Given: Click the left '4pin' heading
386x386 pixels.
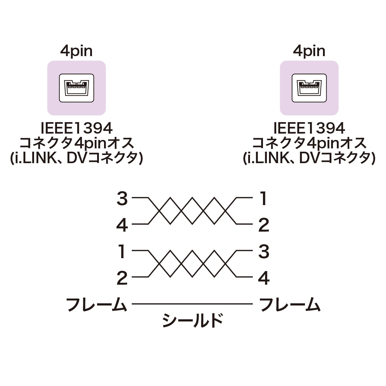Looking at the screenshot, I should pos(76,52).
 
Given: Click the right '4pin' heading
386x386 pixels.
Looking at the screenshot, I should pos(309,52).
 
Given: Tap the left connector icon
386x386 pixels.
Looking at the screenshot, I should pos(76,88).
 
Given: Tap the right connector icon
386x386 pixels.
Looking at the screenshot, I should pos(309,88).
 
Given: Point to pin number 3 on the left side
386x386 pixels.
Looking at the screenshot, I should pos(122,199).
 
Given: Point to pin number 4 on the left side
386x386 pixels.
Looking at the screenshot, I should pos(122,225).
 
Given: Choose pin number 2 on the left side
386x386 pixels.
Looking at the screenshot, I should pos(122,278).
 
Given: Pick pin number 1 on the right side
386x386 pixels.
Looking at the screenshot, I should pos(264,199).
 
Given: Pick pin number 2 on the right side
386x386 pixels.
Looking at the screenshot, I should pos(264,225).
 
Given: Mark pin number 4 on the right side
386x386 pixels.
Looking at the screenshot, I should pos(264,278).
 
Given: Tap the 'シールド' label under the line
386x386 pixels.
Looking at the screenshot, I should pos(192,321).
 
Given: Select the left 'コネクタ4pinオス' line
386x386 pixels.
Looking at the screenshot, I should pos(76,144).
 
